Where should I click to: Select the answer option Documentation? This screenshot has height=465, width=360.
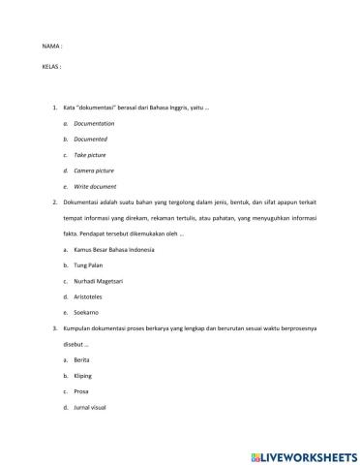[94, 124]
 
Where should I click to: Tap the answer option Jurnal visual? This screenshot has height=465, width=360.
[91, 407]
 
